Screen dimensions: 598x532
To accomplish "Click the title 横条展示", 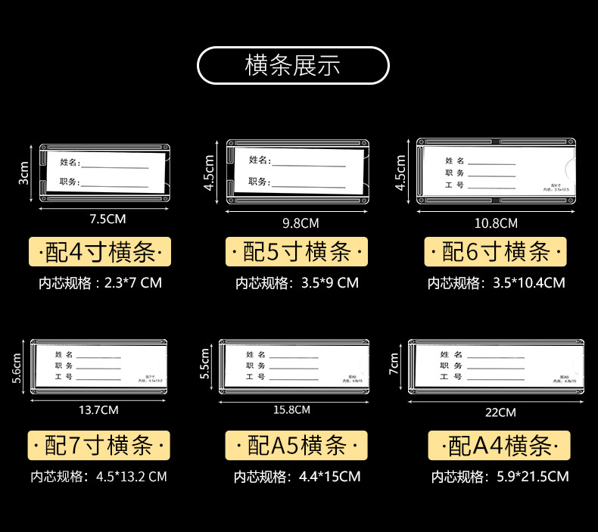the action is (x=293, y=65).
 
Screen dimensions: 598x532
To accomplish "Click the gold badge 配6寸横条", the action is (x=495, y=251).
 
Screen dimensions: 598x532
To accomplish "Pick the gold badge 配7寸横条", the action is (x=98, y=445).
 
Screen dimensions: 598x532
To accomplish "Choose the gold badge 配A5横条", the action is (x=297, y=445).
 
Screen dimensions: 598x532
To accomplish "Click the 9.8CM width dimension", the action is (x=300, y=223).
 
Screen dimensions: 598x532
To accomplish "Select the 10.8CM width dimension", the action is (x=496, y=223).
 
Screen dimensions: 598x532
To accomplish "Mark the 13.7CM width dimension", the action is (x=98, y=410).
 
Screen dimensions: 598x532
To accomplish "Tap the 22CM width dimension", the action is (x=500, y=412).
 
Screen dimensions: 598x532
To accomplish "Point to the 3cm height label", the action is (x=23, y=173).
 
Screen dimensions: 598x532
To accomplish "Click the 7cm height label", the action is (x=394, y=364).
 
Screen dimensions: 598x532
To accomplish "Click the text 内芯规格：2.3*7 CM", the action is (x=101, y=284).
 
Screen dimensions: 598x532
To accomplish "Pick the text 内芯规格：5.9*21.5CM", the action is (x=500, y=477).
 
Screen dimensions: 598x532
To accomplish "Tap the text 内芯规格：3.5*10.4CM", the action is (x=497, y=284).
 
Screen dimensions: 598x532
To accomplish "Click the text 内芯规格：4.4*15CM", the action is (x=297, y=477).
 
